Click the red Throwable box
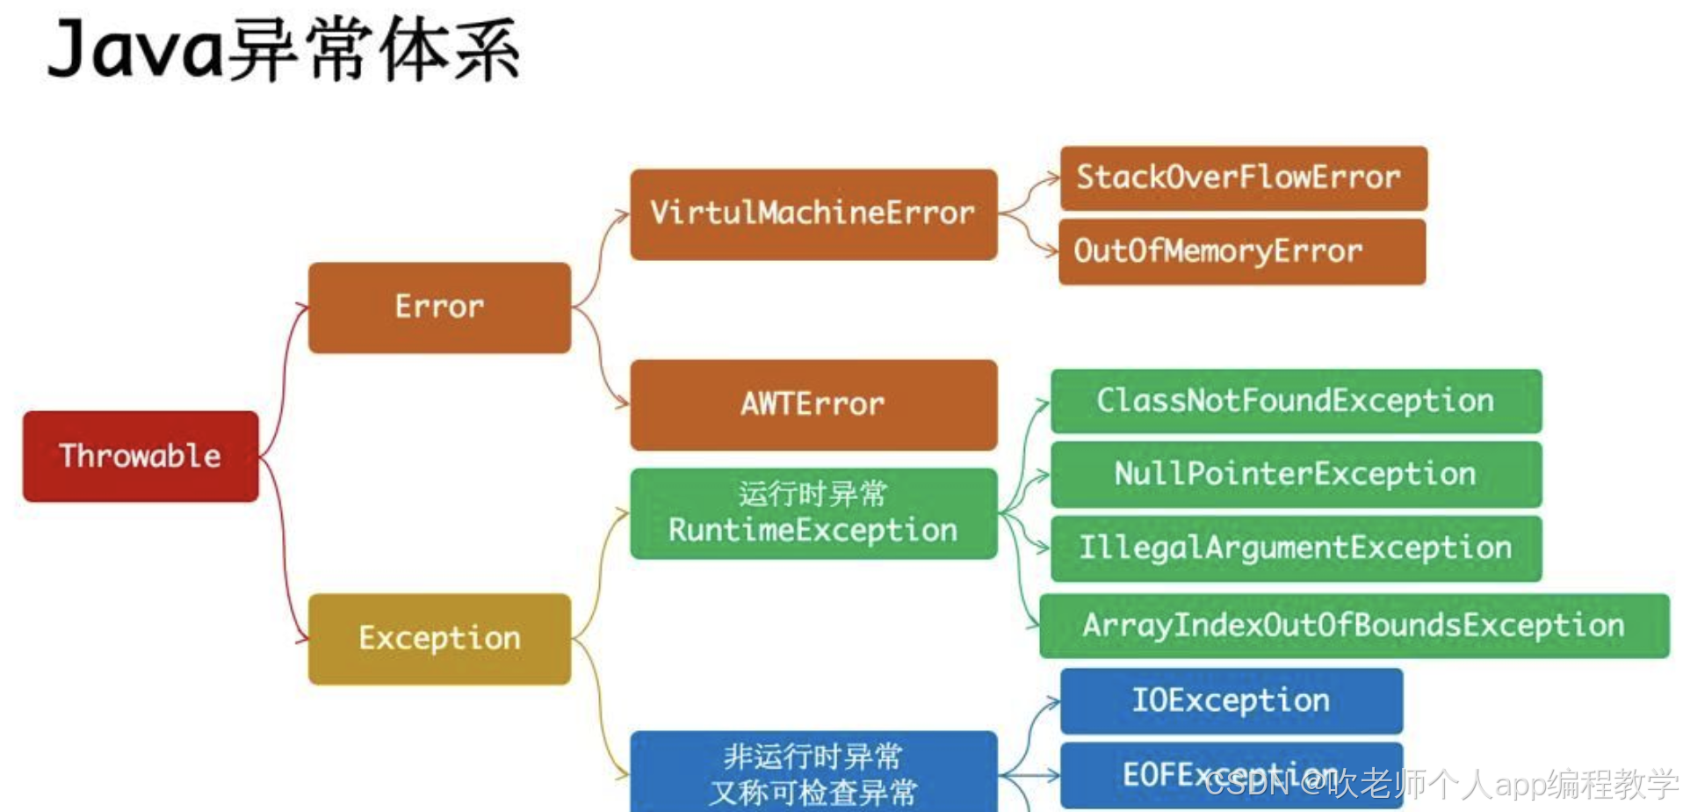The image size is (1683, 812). [141, 456]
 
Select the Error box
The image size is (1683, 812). [439, 308]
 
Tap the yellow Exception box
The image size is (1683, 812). [439, 639]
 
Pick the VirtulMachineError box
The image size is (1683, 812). [813, 214]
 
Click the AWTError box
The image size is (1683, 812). [813, 404]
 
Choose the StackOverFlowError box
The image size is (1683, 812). [1243, 178]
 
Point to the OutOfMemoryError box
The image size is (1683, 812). [1241, 251]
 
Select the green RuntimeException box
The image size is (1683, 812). [813, 514]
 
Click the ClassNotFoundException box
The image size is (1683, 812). [1296, 401]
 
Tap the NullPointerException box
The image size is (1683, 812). [1296, 475]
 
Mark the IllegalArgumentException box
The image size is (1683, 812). [1296, 548]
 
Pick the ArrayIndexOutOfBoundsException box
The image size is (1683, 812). [1354, 626]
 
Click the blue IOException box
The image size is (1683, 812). [1231, 700]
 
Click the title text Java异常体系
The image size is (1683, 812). [283, 51]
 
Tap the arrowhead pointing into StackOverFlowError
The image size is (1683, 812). [1053, 179]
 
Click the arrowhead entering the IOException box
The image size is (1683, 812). [1053, 702]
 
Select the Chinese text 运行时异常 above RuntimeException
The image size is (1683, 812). [813, 494]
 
